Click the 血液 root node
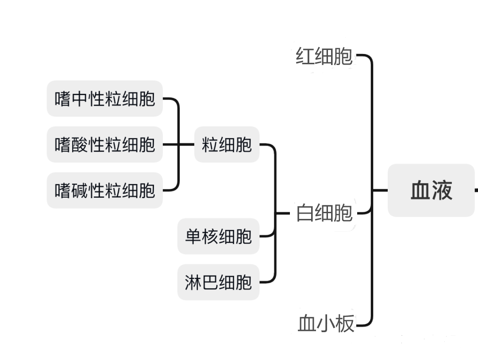click(x=431, y=190)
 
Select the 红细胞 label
click(x=324, y=57)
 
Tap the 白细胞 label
click(x=324, y=213)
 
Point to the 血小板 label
click(x=326, y=324)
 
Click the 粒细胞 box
click(x=227, y=145)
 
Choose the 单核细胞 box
click(x=218, y=237)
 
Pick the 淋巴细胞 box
click(x=218, y=282)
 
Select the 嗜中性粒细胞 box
click(x=105, y=99)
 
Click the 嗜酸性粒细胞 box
click(x=105, y=145)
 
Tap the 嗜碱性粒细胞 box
click(x=105, y=191)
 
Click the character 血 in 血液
click(x=420, y=190)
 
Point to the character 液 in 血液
click(x=442, y=190)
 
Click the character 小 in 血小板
click(x=326, y=324)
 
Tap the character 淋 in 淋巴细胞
click(x=193, y=282)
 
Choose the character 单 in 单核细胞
click(x=193, y=237)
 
